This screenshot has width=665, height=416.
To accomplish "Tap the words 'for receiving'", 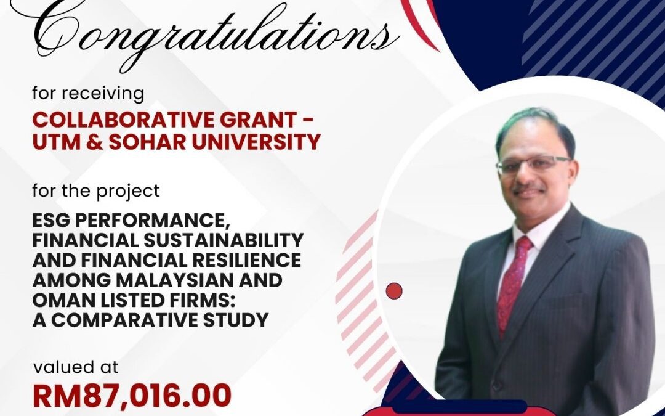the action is [x=88, y=94].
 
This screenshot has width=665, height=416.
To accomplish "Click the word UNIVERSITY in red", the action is [x=256, y=142].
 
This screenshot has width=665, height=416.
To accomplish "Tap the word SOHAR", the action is [x=148, y=142].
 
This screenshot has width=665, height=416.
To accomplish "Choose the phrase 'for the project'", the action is [x=96, y=191].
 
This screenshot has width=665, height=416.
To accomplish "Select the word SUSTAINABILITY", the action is [x=224, y=240].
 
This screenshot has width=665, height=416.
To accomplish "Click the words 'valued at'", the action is [x=76, y=367].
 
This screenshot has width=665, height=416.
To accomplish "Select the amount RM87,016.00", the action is [x=132, y=395].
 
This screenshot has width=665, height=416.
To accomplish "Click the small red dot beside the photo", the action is [x=394, y=291].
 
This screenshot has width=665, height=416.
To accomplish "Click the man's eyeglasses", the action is [x=533, y=164].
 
